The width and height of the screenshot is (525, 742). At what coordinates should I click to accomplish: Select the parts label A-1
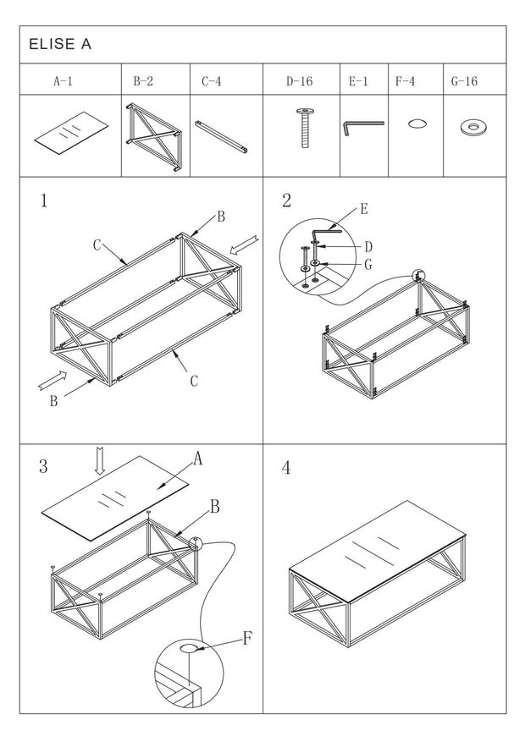pyautogui.click(x=64, y=82)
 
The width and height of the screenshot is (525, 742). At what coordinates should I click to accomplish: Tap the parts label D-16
pyautogui.click(x=299, y=82)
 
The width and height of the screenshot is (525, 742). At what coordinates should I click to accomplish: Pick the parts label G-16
pyautogui.click(x=465, y=82)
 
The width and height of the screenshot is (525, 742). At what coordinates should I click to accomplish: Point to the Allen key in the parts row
pyautogui.click(x=362, y=127)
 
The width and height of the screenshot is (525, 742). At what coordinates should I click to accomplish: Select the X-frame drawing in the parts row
pyautogui.click(x=155, y=138)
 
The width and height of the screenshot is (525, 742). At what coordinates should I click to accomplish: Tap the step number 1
pyautogui.click(x=43, y=201)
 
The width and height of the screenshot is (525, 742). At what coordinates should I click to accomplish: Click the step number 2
pyautogui.click(x=286, y=201)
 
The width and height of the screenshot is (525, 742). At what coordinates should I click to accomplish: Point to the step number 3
pyautogui.click(x=43, y=466)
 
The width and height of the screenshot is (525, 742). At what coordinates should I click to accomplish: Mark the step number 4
pyautogui.click(x=286, y=468)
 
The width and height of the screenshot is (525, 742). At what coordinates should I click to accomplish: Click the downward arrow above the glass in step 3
pyautogui.click(x=99, y=460)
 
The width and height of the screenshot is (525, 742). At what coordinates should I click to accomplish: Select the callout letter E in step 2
pyautogui.click(x=363, y=209)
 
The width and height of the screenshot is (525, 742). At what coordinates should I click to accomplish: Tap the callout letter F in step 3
pyautogui.click(x=246, y=638)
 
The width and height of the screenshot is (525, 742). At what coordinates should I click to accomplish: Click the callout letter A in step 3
pyautogui.click(x=197, y=459)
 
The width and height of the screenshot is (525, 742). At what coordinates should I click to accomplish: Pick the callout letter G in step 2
pyautogui.click(x=369, y=265)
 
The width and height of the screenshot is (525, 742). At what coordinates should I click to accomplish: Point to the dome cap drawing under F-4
pyautogui.click(x=417, y=124)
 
